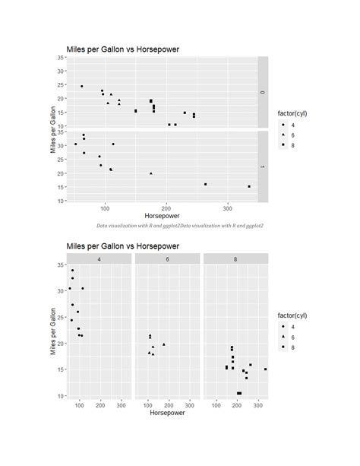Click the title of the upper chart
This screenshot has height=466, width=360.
(123, 49)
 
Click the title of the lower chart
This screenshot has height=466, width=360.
(123, 246)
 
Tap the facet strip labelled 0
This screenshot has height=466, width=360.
(263, 92)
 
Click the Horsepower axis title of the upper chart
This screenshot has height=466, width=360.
(163, 217)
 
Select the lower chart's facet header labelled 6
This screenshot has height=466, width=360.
(166, 258)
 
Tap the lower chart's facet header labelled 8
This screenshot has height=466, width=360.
(235, 258)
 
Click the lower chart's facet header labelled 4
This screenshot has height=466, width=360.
(99, 258)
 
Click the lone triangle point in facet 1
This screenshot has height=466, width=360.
(150, 173)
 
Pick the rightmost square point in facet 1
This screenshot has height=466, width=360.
(249, 186)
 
